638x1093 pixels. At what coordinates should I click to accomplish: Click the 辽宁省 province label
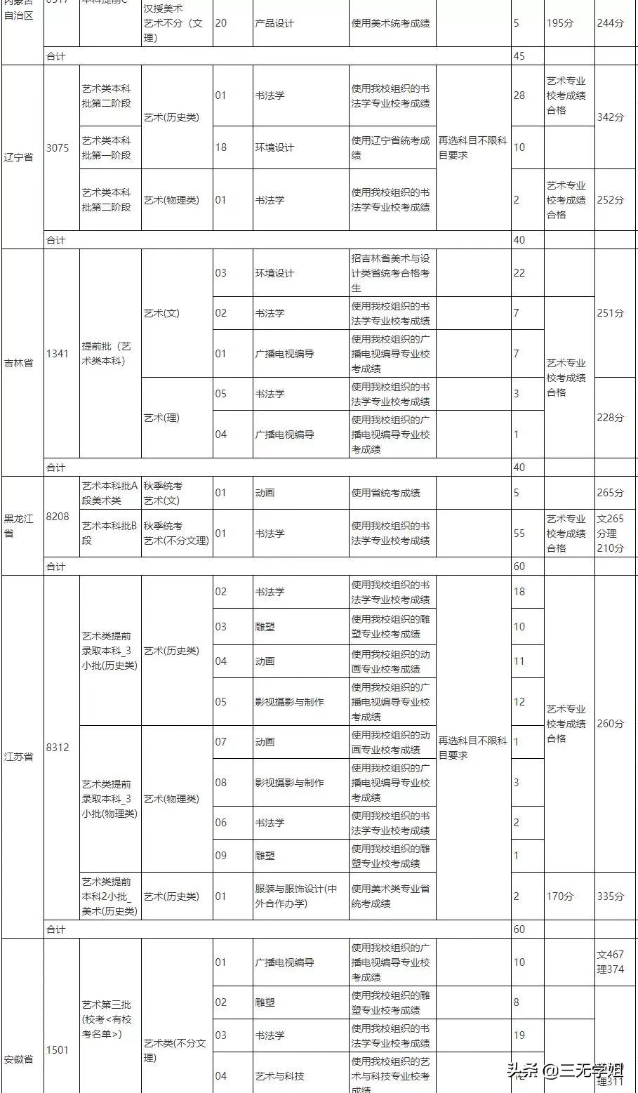coord(18,157)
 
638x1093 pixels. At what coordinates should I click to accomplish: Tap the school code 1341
coord(58,353)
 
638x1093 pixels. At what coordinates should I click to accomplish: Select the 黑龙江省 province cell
coord(18,526)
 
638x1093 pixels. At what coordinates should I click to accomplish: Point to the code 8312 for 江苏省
coord(58,748)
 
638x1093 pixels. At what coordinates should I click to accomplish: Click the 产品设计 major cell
coord(274,23)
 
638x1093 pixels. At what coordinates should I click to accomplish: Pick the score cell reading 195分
coord(559,23)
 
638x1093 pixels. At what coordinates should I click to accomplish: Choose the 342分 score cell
coord(610,117)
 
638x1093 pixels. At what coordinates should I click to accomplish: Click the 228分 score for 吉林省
coord(610,418)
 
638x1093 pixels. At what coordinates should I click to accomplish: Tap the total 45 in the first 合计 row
coord(519,56)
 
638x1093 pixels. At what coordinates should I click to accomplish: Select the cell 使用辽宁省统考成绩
coord(391,147)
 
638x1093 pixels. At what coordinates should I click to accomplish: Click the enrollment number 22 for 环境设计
coord(519,272)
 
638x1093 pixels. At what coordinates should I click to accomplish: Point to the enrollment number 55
coord(519,534)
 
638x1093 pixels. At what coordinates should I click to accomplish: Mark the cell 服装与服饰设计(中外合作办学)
coord(296,896)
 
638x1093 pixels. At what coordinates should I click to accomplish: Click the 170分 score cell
coord(559,896)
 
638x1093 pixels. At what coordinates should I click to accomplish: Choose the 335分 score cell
coord(610,896)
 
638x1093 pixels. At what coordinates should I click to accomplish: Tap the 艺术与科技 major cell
coord(280,1076)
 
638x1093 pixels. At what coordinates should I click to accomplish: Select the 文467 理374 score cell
coord(610,962)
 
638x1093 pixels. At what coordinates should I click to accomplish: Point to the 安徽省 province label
coord(18,1059)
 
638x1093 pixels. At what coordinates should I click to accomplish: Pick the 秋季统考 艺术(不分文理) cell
coord(175,534)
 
